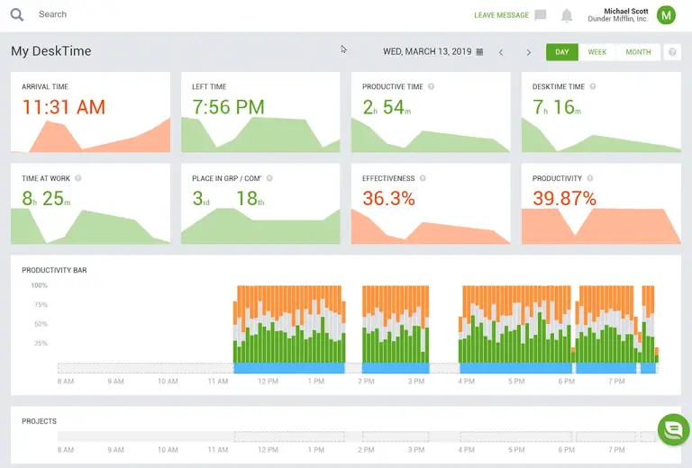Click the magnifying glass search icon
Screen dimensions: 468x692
click(17, 14)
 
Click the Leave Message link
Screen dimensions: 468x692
click(502, 15)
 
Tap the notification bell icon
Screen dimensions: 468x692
click(567, 15)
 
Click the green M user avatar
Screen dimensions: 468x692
click(666, 14)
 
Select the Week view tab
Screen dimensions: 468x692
click(596, 52)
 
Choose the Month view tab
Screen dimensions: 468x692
click(638, 52)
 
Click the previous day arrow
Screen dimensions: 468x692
click(501, 52)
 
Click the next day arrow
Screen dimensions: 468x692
click(529, 52)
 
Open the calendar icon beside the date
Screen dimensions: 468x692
click(479, 52)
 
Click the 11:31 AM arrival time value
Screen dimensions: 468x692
click(63, 107)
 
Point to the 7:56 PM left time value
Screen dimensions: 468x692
click(228, 107)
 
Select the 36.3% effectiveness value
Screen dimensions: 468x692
click(388, 198)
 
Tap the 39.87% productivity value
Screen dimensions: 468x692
click(564, 198)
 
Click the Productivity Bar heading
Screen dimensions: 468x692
click(54, 270)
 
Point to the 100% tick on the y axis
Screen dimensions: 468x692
click(39, 285)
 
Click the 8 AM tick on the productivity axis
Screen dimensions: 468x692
click(65, 382)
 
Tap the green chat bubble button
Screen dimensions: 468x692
click(673, 429)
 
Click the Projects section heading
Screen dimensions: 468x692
click(39, 421)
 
